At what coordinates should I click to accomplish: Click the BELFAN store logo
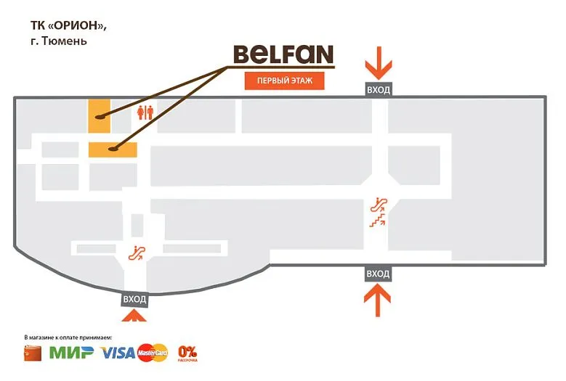(x=283, y=54)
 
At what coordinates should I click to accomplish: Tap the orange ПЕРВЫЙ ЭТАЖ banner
(x=284, y=81)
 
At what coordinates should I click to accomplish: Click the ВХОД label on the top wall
(x=379, y=90)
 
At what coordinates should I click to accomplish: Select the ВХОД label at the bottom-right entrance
(x=378, y=274)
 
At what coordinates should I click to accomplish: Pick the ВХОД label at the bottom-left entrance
(x=134, y=299)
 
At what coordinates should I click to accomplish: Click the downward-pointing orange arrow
(x=379, y=62)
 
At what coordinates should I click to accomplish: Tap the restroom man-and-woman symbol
(x=145, y=112)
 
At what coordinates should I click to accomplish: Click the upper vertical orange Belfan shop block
(x=100, y=116)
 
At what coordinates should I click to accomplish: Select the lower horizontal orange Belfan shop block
(x=113, y=149)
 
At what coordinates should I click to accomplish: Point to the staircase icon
(x=377, y=220)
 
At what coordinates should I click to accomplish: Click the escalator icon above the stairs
(x=379, y=205)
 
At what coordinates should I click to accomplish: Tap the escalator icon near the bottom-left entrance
(x=137, y=253)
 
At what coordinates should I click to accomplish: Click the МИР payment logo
(x=71, y=353)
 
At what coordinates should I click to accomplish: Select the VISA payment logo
(x=118, y=353)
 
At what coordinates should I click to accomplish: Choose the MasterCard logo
(x=153, y=353)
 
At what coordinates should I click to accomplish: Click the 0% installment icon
(x=187, y=353)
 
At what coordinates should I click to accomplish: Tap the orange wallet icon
(x=33, y=353)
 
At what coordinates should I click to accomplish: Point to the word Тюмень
(x=64, y=41)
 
